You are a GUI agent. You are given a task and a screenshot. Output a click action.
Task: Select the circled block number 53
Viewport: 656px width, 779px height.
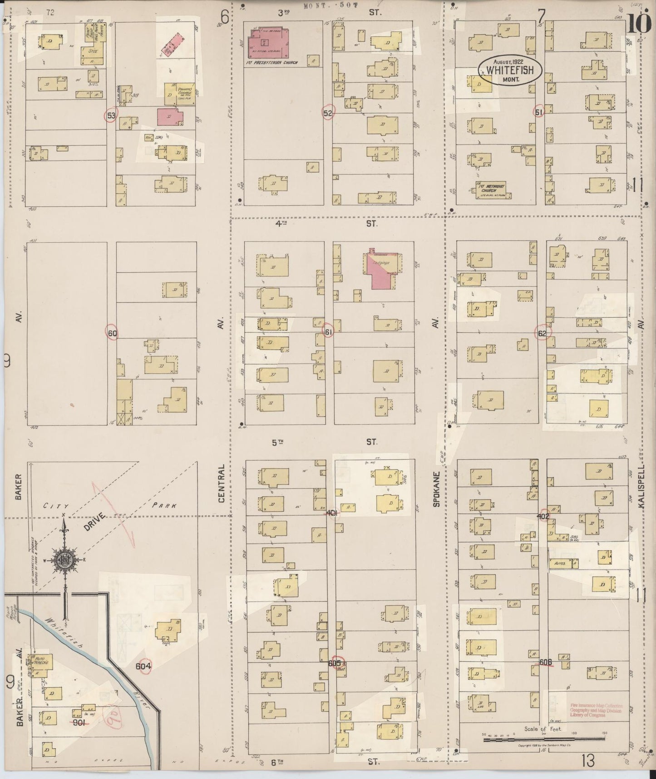[111, 115]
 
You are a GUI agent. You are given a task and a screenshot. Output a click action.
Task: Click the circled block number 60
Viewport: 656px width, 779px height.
[112, 333]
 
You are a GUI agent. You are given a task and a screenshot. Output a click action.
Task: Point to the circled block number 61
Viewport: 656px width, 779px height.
[328, 332]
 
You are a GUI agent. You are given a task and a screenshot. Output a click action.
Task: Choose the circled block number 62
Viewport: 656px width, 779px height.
[542, 332]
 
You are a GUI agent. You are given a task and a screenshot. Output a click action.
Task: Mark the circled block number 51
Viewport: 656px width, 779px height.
[539, 112]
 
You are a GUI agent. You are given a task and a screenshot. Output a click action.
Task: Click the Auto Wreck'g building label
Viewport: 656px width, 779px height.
[42, 662]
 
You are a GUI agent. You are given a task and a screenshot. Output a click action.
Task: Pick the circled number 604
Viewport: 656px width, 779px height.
[143, 666]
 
